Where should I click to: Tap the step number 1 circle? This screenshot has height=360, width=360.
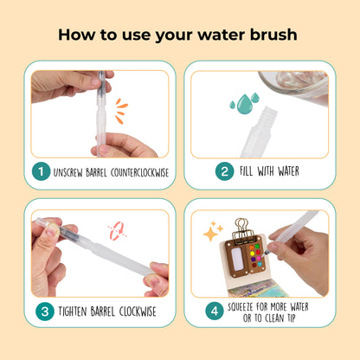(41, 171)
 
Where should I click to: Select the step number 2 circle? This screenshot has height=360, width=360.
(224, 171)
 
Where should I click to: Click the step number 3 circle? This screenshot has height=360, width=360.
(45, 312)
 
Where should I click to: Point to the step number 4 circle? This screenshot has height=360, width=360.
(215, 311)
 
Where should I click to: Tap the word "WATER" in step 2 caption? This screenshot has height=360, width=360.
(288, 171)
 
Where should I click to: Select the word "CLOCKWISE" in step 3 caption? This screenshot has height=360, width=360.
(138, 312)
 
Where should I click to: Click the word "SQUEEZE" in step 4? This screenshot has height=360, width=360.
(241, 307)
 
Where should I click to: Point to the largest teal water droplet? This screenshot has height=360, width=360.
(245, 104)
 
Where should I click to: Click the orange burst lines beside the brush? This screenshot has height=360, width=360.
(121, 111)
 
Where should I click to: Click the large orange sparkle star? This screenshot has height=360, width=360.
(210, 234)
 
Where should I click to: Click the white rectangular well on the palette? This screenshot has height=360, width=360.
(238, 259)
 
